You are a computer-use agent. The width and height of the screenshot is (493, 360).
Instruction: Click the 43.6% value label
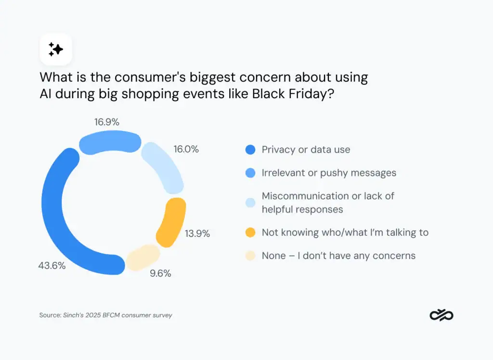(x=52, y=265)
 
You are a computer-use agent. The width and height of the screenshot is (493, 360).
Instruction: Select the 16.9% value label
(x=106, y=122)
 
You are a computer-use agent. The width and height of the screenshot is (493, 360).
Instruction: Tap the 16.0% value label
(x=186, y=149)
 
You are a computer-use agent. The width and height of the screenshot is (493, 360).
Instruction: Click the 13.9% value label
(x=197, y=233)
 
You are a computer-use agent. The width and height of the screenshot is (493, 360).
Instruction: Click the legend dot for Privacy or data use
(x=250, y=150)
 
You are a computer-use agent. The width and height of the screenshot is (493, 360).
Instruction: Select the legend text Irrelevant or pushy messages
(x=329, y=172)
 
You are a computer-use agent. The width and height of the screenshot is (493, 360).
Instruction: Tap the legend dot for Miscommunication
(x=250, y=203)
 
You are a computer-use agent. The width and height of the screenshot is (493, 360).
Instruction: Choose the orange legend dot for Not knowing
(x=250, y=232)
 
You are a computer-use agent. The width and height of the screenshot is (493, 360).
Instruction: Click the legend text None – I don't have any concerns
(x=338, y=256)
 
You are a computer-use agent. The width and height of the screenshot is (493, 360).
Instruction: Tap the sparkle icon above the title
(x=56, y=49)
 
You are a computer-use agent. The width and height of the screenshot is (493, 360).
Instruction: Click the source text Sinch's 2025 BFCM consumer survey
(x=118, y=315)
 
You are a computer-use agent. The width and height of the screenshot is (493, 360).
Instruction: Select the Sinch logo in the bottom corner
(x=441, y=315)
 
